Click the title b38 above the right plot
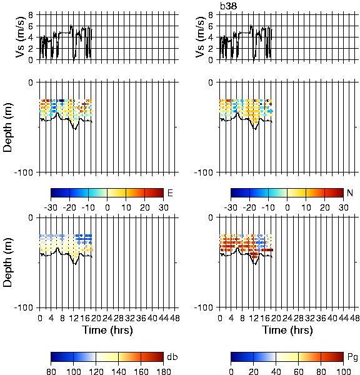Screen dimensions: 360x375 (x=229, y=6)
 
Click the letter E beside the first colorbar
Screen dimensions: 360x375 (x=170, y=192)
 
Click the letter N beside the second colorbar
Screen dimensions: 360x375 (x=350, y=192)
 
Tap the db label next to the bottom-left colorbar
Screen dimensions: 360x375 (x=172, y=357)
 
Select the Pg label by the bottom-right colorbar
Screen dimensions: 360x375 (x=352, y=357)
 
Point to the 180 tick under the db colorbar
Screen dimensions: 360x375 (x=163, y=371)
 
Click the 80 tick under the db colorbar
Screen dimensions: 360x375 (x=51, y=371)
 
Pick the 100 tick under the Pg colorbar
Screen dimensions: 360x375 (x=343, y=371)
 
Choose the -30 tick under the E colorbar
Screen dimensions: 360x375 (x=51, y=207)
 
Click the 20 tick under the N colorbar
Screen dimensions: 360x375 (x=324, y=207)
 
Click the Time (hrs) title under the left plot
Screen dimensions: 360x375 (x=107, y=331)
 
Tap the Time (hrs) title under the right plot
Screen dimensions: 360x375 (x=287, y=331)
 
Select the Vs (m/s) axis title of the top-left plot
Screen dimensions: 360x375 (x=21, y=37)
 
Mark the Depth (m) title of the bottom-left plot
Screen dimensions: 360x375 (x=7, y=262)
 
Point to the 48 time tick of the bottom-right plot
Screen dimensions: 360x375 (x=354, y=318)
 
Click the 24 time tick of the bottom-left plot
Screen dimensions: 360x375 (x=107, y=318)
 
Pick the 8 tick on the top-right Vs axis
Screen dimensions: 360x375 (x=211, y=15)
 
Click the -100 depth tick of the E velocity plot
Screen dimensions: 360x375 (x=24, y=172)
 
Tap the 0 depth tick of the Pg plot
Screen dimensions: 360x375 (x=211, y=217)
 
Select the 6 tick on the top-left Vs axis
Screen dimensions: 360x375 (x=31, y=26)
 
